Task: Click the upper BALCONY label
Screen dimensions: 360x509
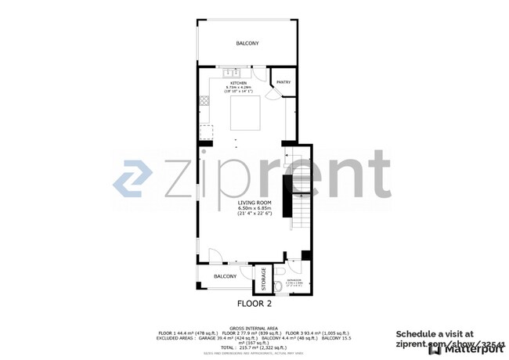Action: point(247,43)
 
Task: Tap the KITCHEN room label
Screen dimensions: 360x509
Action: point(238,83)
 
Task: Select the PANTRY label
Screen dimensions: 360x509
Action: point(283,81)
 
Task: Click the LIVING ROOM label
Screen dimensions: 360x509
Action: point(254,203)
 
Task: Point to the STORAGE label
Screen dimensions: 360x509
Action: point(264,279)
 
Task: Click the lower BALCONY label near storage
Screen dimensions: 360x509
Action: point(226,276)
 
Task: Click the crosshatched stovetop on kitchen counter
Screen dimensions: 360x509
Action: point(205,100)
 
